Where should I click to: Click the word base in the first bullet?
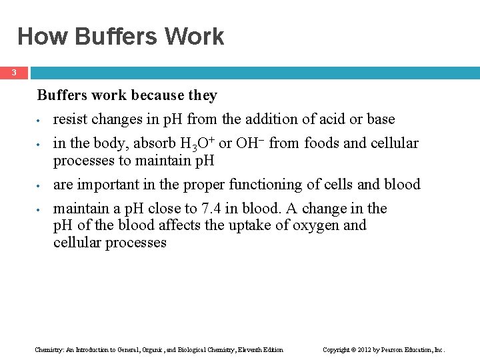(x=381, y=119)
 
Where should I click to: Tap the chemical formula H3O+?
(x=197, y=143)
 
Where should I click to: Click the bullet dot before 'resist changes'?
(x=41, y=121)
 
